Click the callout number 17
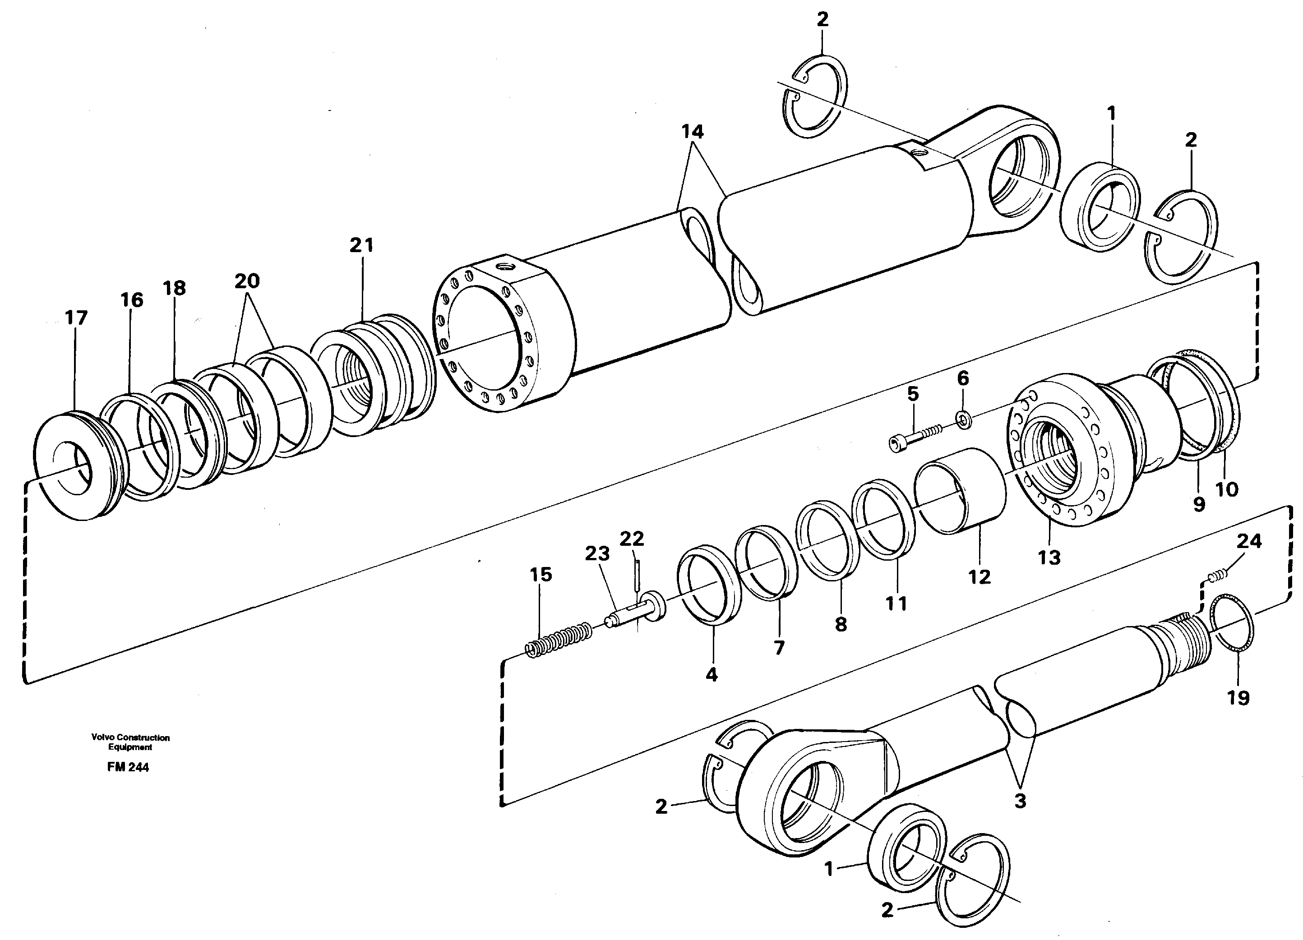76,318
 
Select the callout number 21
361,245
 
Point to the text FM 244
128,767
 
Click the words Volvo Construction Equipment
130,742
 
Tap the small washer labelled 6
963,419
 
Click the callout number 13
1049,557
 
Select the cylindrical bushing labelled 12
960,491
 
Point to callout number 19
1238,698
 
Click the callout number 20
247,281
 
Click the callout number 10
1227,489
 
